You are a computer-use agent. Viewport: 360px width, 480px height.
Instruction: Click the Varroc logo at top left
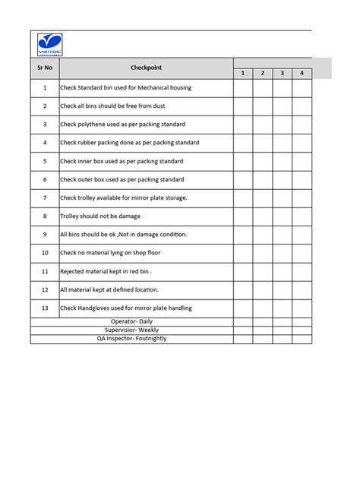tap(50, 44)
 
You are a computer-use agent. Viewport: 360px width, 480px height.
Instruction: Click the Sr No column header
tap(45, 68)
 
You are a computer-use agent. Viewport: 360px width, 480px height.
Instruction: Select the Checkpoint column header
tap(146, 68)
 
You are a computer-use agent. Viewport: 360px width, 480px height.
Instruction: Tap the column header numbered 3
tap(282, 73)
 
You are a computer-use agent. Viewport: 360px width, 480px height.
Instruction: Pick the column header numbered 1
tap(242, 73)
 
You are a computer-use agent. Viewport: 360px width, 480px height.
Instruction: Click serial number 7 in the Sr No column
tap(45, 197)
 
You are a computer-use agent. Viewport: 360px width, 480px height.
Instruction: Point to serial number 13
tap(45, 308)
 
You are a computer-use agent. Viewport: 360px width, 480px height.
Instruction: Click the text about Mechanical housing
tap(125, 88)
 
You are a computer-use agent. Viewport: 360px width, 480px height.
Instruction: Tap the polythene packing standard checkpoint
tap(122, 125)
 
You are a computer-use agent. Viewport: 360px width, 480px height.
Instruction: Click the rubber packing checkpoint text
tap(129, 143)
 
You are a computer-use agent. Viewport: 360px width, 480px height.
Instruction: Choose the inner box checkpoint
tap(122, 161)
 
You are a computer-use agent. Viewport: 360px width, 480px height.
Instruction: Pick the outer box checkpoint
tap(122, 179)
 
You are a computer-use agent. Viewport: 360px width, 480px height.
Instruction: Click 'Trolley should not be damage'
tap(100, 216)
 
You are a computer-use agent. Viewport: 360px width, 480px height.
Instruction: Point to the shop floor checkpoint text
tap(110, 252)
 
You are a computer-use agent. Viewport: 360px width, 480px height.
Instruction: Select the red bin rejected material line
tap(106, 271)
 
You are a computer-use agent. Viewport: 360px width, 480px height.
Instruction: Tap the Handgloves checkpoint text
tap(125, 308)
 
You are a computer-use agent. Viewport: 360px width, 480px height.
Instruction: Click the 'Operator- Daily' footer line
tap(131, 321)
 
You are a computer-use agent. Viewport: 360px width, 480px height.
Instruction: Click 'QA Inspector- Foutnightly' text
tap(131, 338)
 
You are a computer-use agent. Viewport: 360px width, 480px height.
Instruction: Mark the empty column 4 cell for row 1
tap(302, 88)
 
